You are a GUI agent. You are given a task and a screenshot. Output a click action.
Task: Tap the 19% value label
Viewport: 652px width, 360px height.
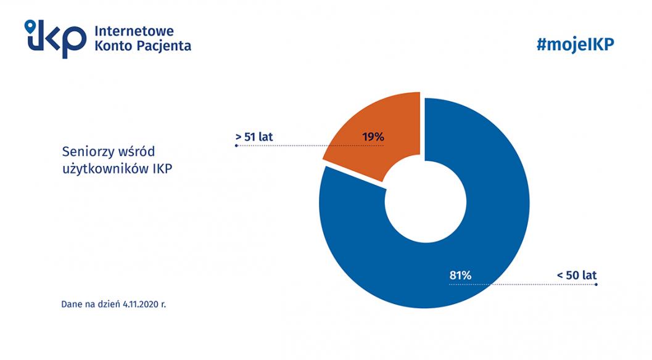coord(373,136)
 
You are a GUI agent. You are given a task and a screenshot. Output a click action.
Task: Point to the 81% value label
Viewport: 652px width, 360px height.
coord(460,276)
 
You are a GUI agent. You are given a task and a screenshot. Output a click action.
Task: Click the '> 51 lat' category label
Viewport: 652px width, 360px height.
coord(254,136)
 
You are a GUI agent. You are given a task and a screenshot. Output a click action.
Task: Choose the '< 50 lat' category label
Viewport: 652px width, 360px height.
coord(577,276)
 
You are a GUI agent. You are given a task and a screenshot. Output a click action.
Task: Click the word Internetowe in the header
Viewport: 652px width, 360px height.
coord(134,31)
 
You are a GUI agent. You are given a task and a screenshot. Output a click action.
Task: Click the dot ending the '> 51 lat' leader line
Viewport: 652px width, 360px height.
coord(236,146)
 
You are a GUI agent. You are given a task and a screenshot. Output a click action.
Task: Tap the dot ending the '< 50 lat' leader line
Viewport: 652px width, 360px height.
coord(596,285)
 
